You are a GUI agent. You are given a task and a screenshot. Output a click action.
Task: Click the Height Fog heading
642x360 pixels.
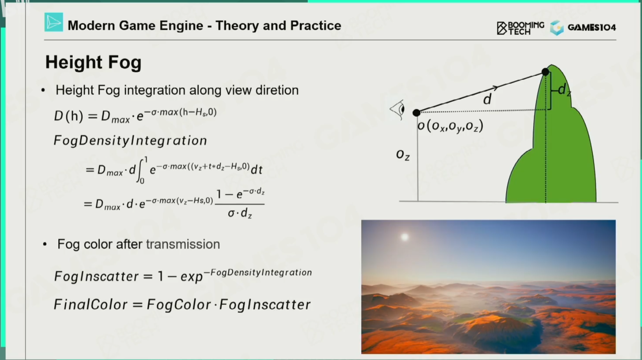(x=94, y=62)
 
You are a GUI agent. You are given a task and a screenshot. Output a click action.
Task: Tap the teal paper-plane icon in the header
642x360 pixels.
(x=53, y=22)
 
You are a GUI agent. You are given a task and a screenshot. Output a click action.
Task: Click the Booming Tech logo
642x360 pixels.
(x=520, y=28)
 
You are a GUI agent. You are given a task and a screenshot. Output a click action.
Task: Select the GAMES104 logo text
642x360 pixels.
(x=592, y=28)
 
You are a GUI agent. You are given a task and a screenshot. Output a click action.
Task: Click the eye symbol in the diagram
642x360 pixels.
(x=397, y=109)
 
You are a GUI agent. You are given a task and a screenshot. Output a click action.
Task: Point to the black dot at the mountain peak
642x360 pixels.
(x=545, y=72)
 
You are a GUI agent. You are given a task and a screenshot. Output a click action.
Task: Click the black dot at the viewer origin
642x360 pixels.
(x=416, y=113)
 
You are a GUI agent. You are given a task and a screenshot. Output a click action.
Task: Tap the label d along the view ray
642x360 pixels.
(x=487, y=99)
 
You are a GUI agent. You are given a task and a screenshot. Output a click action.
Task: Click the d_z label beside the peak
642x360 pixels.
(x=564, y=90)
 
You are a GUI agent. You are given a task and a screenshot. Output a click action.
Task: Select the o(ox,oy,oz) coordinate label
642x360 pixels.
(x=450, y=126)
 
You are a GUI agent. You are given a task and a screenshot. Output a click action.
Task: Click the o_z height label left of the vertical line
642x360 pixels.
(x=403, y=155)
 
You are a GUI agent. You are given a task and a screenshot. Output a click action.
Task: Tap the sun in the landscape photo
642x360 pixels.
(x=405, y=237)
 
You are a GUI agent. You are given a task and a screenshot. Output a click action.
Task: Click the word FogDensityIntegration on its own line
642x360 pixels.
(x=130, y=140)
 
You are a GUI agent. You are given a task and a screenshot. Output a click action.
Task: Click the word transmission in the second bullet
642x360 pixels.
(x=183, y=244)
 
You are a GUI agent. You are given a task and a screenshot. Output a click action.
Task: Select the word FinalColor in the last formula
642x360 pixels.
(x=90, y=304)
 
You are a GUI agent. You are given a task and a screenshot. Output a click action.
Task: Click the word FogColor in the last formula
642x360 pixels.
(x=179, y=305)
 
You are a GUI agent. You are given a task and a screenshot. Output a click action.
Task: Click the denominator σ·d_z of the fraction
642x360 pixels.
(x=240, y=213)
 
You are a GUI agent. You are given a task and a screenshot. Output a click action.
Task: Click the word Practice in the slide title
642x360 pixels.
(x=316, y=26)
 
